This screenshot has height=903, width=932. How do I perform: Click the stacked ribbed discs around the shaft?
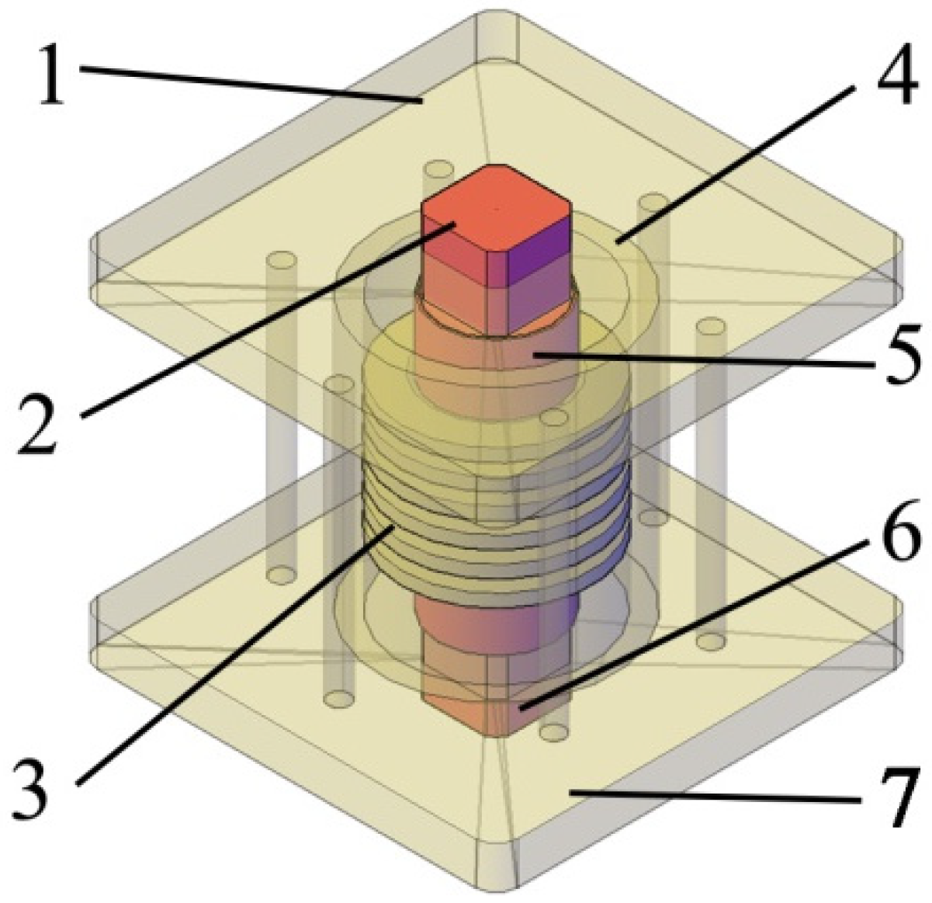497,497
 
